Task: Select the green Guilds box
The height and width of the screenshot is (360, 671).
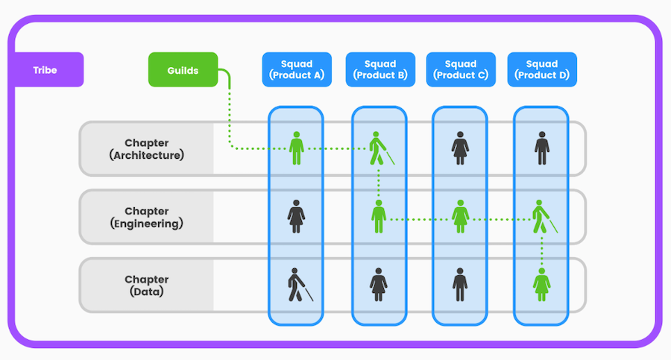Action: tap(183, 70)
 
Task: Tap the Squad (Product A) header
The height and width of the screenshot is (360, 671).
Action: tap(297, 70)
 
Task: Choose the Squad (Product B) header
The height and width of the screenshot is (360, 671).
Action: tap(380, 70)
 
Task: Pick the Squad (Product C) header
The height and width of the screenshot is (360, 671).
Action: tap(461, 70)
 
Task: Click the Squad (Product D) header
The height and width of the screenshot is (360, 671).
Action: tap(542, 70)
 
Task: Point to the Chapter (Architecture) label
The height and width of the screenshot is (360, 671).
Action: tap(147, 149)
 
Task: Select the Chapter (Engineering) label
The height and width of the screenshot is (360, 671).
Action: tap(147, 218)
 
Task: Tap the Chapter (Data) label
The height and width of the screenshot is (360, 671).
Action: tap(147, 285)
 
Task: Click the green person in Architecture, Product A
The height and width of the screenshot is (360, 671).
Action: tap(296, 148)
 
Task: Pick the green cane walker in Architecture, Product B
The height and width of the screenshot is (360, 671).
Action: tap(381, 148)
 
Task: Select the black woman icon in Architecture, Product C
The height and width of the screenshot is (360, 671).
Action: tap(460, 148)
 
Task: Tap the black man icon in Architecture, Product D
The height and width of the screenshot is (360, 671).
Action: tap(542, 148)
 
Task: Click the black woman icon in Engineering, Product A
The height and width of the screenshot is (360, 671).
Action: tap(296, 217)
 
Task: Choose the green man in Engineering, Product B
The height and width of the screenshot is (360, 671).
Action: tap(378, 217)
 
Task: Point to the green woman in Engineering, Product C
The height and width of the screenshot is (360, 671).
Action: tap(460, 217)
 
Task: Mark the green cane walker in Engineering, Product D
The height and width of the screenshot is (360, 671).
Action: tap(544, 217)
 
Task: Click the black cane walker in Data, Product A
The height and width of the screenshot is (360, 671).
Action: tap(300, 285)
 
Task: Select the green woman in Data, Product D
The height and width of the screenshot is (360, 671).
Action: tap(542, 285)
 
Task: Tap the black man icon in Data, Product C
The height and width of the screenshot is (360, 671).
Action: tap(460, 285)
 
